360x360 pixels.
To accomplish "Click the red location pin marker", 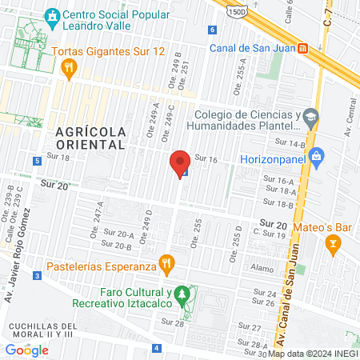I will point(180,163).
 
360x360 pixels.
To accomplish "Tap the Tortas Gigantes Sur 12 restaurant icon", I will point(68,69).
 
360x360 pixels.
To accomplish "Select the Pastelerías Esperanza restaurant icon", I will point(166,262).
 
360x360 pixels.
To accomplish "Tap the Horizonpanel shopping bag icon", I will point(317,155).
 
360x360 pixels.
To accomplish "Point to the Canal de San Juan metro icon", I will point(302,47).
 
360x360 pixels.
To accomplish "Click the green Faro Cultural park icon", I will point(183,295).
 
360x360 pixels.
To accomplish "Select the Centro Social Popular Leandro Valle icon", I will point(53,15).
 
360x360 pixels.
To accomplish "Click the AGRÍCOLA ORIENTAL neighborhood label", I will point(90,138).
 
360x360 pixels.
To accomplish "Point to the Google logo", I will point(26,350).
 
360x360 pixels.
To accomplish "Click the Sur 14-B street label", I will point(293,144).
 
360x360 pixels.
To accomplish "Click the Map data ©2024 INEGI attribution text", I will point(313,354).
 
